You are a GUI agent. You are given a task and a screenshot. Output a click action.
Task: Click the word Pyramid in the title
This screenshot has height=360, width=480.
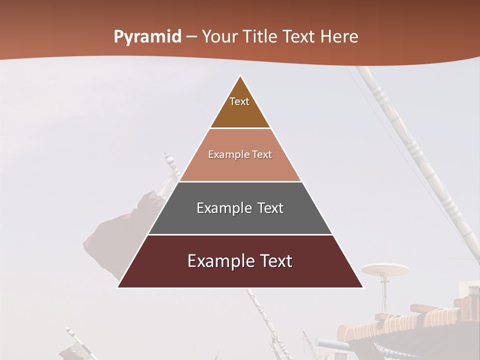point(147,37)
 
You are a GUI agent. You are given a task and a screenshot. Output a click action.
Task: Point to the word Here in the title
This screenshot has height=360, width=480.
point(339,37)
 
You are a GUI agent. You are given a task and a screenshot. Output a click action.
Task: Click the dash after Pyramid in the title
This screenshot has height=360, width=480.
point(191,37)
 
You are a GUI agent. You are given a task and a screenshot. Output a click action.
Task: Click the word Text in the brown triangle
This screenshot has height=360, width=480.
point(239,101)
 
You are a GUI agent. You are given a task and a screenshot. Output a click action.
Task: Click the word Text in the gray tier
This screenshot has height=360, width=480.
point(270,208)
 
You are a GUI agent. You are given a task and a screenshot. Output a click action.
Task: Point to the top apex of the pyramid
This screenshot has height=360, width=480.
point(240,76)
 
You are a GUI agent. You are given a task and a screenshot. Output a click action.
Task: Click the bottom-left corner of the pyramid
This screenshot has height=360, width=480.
point(117,287)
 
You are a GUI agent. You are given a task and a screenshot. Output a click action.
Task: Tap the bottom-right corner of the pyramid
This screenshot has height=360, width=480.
point(362,287)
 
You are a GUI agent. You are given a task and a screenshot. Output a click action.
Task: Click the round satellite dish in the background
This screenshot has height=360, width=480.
point(385,270)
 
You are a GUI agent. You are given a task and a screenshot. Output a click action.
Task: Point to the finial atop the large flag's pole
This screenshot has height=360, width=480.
point(168,159)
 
